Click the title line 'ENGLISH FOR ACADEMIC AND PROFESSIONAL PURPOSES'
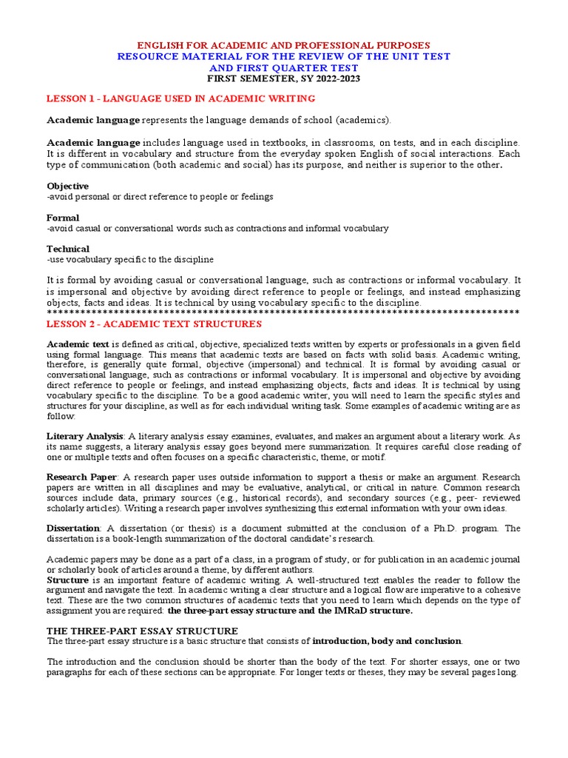pos(284,45)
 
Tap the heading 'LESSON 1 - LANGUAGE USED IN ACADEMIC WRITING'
pos(181,98)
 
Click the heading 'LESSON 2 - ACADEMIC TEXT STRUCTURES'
pos(154,323)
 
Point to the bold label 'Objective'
pos(67,186)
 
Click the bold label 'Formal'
pos(63,218)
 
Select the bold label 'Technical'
pos(68,249)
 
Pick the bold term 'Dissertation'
pos(73,528)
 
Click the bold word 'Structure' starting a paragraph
pos(67,580)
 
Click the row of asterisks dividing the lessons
pos(284,313)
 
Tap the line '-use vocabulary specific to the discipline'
pos(130,260)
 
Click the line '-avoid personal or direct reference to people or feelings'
pos(160,197)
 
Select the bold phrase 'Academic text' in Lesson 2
pos(78,344)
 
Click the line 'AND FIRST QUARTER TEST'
pos(284,67)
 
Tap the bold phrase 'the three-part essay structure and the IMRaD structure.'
pos(290,611)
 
